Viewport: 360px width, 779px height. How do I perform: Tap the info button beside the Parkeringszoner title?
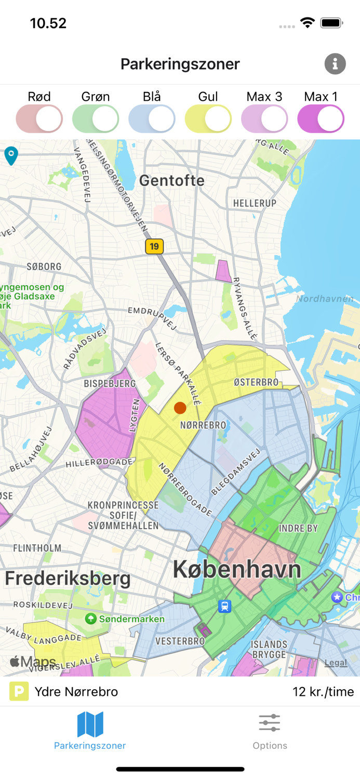point(335,64)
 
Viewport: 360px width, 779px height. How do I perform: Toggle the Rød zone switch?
point(39,119)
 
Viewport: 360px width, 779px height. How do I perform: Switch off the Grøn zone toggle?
point(96,119)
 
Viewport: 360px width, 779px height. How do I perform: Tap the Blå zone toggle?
point(152,119)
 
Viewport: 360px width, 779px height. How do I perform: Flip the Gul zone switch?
point(208,119)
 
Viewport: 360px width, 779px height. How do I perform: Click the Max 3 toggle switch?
point(264,119)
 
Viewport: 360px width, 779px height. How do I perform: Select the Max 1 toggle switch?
point(321,119)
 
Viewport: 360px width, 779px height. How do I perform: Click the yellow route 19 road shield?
point(154,246)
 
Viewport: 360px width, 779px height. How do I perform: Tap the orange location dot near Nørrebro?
point(180,408)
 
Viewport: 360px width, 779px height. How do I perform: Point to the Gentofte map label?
point(171,181)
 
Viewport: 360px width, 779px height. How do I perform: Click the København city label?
point(237,570)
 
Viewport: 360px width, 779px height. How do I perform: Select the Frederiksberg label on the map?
point(68,579)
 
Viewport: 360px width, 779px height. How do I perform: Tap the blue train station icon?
point(224,606)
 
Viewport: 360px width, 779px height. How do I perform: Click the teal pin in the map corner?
point(11,155)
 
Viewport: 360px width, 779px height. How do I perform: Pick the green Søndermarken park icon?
point(91,619)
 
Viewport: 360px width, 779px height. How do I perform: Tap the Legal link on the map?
point(336,663)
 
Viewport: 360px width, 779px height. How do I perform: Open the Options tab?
point(270,731)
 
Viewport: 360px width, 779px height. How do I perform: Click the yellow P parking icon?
point(19,691)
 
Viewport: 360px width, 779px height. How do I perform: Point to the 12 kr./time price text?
point(323,691)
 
